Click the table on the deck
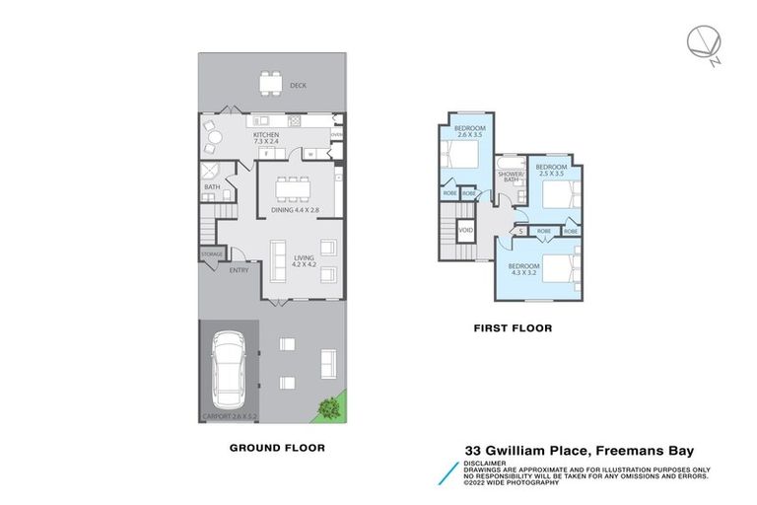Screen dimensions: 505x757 (269, 84)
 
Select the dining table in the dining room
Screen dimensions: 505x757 (291, 187)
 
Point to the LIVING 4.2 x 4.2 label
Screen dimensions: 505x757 (303, 262)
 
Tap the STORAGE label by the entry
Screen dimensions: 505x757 (212, 254)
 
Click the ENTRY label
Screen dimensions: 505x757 (239, 270)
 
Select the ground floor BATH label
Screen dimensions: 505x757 (212, 186)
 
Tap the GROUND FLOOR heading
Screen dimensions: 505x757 (277, 448)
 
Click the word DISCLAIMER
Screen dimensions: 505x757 (485, 461)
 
